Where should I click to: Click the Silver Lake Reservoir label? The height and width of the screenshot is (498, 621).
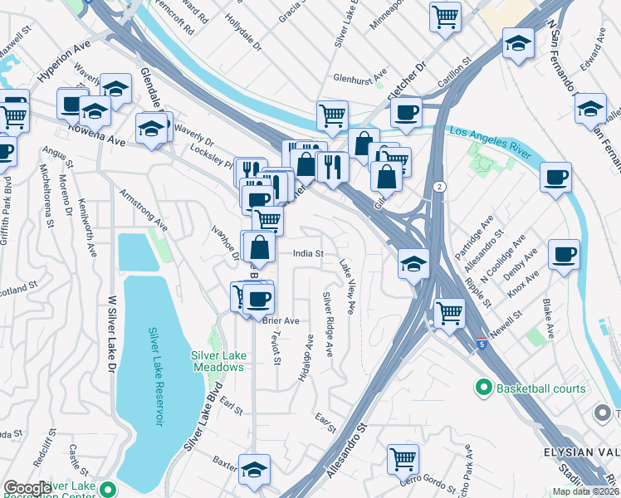click(156, 377)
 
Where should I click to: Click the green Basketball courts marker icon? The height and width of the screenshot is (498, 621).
click(483, 388)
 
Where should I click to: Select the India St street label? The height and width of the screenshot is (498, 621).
click(307, 254)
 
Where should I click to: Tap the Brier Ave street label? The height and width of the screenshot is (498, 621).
click(281, 320)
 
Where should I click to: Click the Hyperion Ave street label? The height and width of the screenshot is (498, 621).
click(64, 65)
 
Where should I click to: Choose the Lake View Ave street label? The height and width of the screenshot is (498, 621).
click(347, 287)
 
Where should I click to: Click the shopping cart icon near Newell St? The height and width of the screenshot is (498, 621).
click(449, 313)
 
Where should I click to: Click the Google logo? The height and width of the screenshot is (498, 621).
click(27, 488)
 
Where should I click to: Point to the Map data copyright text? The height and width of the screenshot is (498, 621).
click(584, 491)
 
